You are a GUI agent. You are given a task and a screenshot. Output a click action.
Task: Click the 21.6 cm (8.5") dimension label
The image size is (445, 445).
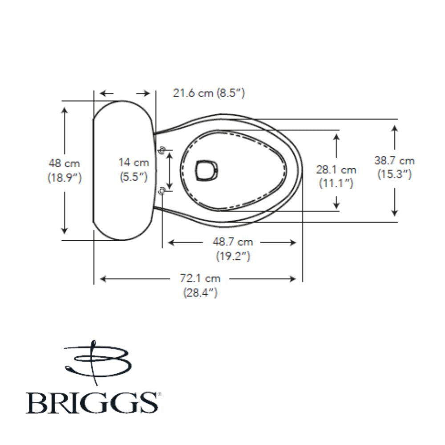pos(209,93)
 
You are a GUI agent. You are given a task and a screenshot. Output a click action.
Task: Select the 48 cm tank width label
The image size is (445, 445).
pos(65,170)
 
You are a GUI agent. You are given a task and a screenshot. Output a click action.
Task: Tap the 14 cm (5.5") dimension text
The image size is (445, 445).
pos(134,170)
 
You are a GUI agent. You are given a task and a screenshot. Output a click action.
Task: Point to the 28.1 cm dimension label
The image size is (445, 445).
pos(336,176)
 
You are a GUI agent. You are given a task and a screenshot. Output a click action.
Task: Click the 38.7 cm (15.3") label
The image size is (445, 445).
pos(394,168)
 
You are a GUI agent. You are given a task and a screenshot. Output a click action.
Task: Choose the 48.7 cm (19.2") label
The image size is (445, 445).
pos(232,249)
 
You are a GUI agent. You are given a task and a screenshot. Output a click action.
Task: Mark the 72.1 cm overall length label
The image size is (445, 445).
pos(200,285)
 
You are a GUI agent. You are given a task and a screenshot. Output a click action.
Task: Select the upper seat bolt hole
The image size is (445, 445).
pos(162,150)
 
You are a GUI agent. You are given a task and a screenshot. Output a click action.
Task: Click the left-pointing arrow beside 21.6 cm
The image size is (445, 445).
pos(102,93)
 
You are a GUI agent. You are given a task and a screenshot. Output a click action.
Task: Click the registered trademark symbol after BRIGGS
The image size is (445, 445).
pos(155,393)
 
